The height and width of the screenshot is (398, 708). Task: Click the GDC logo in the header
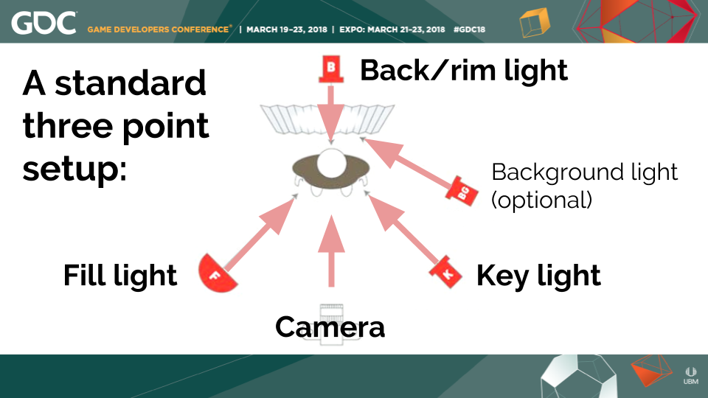tap(44, 24)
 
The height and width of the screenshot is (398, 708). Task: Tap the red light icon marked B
tap(331, 70)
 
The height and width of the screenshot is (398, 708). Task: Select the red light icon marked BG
tap(459, 190)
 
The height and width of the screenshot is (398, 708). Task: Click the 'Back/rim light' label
tap(463, 71)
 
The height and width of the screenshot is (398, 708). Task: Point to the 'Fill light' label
tap(120, 276)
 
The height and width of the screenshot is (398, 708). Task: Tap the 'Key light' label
tap(538, 276)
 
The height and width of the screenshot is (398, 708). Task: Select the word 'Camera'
tap(330, 327)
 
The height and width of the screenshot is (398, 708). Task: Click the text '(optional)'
tap(542, 200)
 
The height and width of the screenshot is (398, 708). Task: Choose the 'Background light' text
tap(584, 172)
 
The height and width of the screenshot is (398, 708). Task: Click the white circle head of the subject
tap(331, 163)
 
